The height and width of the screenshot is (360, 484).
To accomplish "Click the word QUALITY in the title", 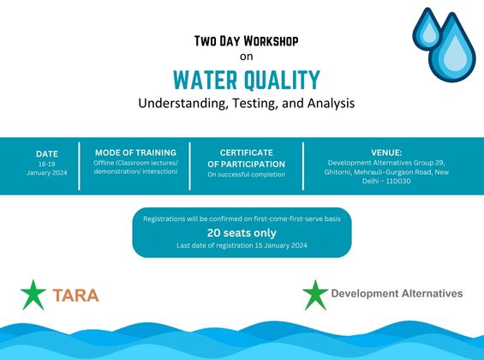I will (x=283, y=81).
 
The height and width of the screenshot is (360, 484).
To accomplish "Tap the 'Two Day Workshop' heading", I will (x=247, y=40).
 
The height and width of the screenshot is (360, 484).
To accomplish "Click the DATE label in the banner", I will (x=47, y=153).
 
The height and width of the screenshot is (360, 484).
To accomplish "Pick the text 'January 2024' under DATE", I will (x=47, y=171).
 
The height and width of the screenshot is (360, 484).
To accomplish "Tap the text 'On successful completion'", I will (x=246, y=174).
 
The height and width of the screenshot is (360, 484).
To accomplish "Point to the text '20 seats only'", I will (x=242, y=232).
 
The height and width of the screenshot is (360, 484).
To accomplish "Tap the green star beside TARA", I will (x=33, y=294).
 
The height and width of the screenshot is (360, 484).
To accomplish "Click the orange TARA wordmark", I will (x=75, y=296).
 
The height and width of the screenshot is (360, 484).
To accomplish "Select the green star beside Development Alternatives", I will (x=314, y=294).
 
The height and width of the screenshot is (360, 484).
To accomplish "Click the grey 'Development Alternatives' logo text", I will (x=397, y=293).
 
